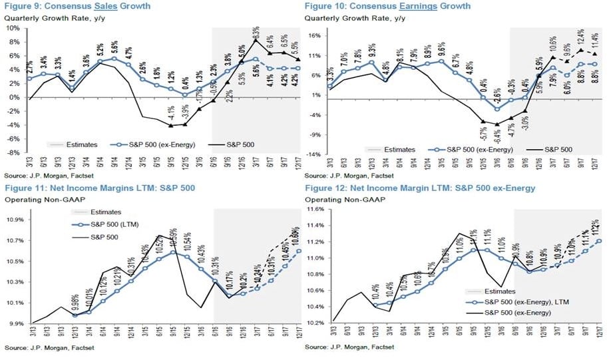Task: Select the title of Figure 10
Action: click(x=387, y=6)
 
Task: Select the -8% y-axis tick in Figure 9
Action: click(x=13, y=152)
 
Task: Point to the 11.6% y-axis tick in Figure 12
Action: click(x=314, y=208)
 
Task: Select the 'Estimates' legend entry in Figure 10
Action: click(x=401, y=150)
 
